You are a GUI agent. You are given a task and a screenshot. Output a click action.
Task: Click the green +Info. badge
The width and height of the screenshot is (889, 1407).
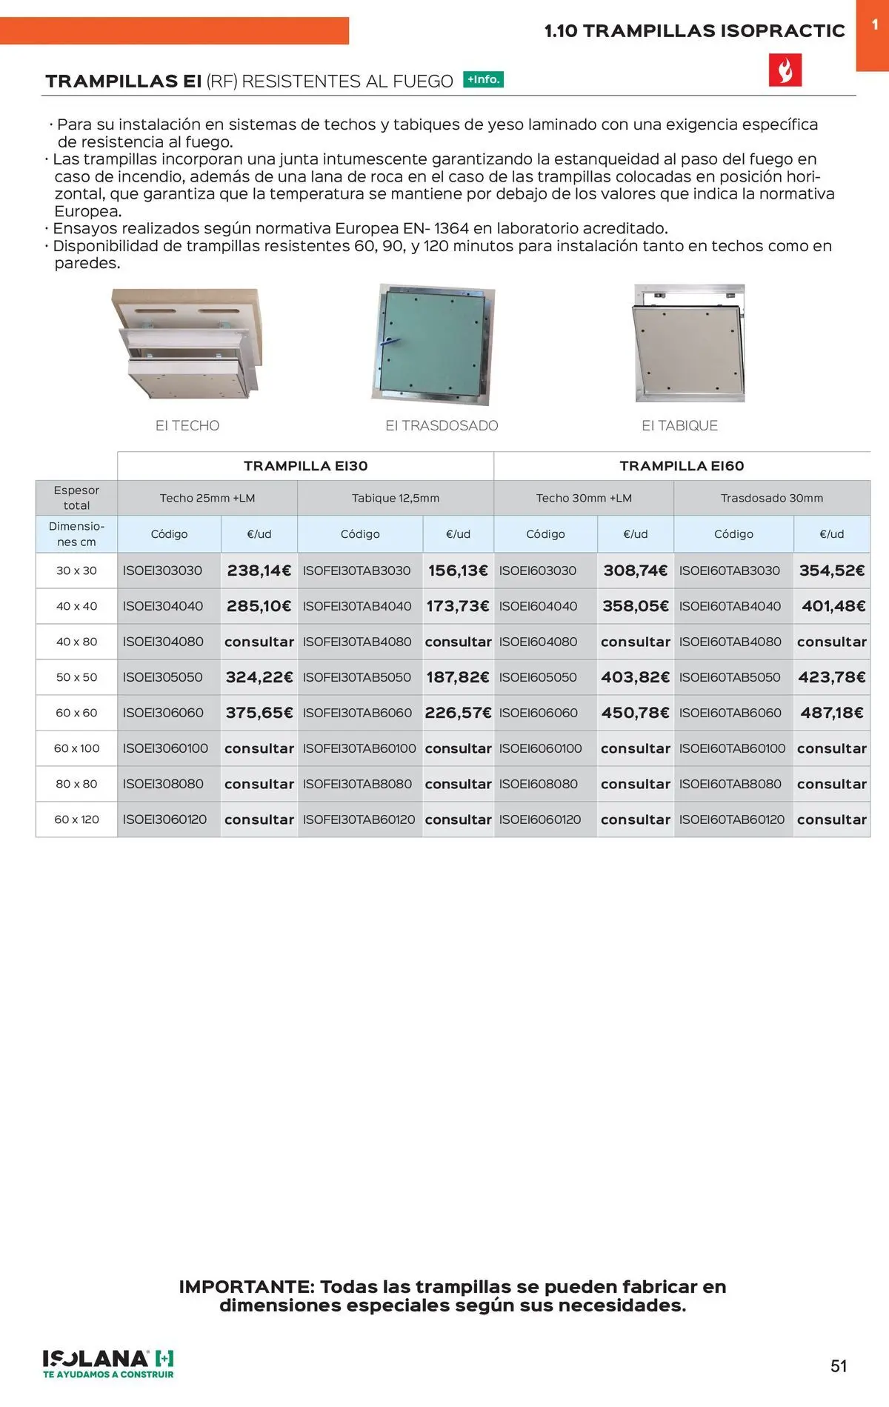[483, 79]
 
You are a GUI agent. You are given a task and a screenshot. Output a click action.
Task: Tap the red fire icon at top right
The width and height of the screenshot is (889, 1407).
[785, 70]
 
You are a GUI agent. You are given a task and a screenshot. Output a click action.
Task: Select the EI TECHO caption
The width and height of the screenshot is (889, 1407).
[187, 425]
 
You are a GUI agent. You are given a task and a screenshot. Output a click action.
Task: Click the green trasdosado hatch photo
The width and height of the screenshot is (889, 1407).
[433, 344]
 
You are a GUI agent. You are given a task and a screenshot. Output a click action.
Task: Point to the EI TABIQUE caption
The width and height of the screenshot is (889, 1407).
[679, 425]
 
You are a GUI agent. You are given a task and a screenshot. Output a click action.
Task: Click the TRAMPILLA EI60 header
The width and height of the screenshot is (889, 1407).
[682, 466]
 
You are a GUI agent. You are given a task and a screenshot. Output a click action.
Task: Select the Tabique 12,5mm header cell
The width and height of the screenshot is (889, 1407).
[396, 498]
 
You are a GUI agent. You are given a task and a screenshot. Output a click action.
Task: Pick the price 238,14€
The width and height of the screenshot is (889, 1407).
[259, 571]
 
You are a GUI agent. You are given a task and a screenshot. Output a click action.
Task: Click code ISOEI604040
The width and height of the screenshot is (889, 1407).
[538, 606]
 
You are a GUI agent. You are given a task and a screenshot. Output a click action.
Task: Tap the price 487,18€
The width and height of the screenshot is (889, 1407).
[831, 713]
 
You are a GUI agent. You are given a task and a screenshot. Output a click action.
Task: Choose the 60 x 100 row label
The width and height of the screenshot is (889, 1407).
[76, 748]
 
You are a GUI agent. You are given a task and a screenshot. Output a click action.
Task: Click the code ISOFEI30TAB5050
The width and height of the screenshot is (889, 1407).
[357, 677]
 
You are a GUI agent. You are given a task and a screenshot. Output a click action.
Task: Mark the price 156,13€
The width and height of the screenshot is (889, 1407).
[458, 571]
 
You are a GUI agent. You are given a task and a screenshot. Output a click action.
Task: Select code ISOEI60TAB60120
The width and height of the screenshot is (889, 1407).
[732, 819]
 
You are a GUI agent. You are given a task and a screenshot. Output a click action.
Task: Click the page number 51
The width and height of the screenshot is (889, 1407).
[839, 1366]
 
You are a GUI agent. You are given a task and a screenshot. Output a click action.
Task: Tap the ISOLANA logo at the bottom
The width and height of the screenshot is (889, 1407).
[108, 1363]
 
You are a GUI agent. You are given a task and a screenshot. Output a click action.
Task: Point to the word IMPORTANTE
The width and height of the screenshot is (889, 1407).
[246, 1287]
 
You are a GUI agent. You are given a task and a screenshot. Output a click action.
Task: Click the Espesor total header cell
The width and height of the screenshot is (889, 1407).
[76, 498]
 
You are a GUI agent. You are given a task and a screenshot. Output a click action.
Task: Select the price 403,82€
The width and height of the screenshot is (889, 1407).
[635, 677]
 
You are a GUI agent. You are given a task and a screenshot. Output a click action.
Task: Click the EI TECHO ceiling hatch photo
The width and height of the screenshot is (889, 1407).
[187, 343]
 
